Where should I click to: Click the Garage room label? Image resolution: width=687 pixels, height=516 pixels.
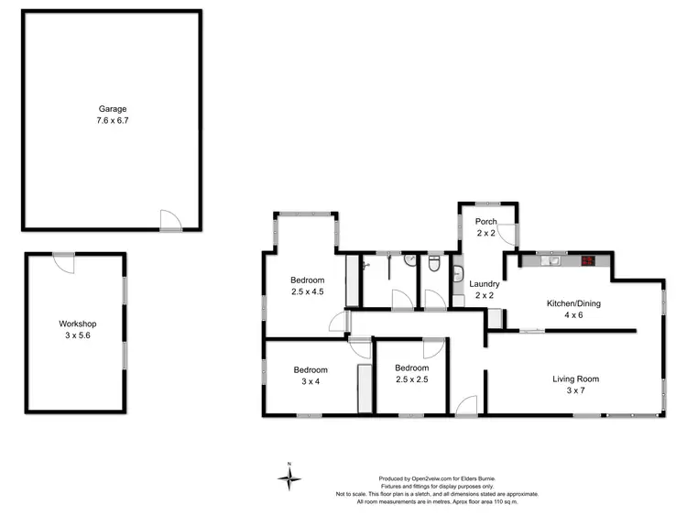(x=113, y=109)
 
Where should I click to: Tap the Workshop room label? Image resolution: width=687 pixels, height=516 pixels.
(x=78, y=324)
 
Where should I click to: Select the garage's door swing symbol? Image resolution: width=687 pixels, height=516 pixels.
(x=170, y=218)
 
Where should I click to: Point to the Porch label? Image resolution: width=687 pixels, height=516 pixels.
(x=485, y=222)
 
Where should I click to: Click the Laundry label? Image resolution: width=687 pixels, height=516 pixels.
(x=485, y=284)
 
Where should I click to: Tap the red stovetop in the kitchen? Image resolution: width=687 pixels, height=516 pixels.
(x=588, y=261)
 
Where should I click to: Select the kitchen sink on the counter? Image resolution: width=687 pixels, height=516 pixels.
(x=551, y=261)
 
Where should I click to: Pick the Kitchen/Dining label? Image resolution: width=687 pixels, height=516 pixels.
(x=573, y=303)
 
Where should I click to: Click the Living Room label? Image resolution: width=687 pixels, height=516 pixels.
(x=574, y=379)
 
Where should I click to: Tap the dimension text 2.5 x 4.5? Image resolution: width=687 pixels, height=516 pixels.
(x=307, y=292)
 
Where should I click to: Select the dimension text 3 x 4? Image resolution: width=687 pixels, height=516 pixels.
(x=310, y=382)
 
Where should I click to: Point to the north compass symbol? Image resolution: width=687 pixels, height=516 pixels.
(x=289, y=477)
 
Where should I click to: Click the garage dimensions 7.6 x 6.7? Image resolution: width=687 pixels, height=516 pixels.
(x=113, y=120)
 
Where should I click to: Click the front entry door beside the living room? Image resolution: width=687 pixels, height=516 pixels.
(x=467, y=404)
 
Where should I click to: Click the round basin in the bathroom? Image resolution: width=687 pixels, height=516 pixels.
(x=411, y=261)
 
